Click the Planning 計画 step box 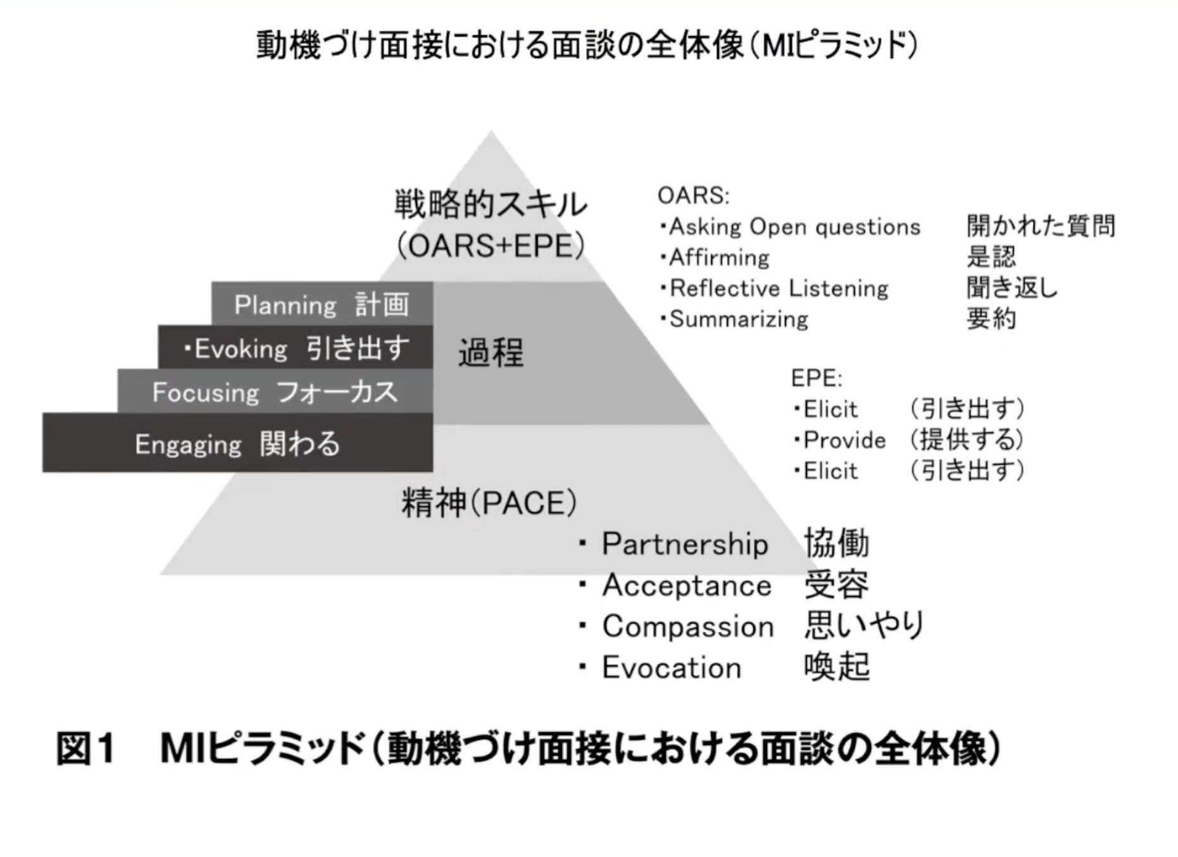(x=322, y=304)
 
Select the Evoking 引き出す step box (x=296, y=348)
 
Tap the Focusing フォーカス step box (x=275, y=392)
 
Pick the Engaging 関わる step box (x=237, y=443)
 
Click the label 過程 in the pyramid (x=491, y=353)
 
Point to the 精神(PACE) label (x=489, y=504)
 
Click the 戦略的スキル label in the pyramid (x=491, y=205)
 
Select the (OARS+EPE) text (x=491, y=246)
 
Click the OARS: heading (x=693, y=196)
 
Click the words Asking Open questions (x=794, y=227)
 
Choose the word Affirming (x=719, y=258)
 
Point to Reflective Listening (x=779, y=289)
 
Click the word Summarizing (x=739, y=319)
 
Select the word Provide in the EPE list (x=844, y=440)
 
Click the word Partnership (x=685, y=544)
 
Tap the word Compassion (x=688, y=626)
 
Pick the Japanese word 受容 (x=836, y=585)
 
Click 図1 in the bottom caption (x=85, y=749)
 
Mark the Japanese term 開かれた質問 (x=1041, y=226)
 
